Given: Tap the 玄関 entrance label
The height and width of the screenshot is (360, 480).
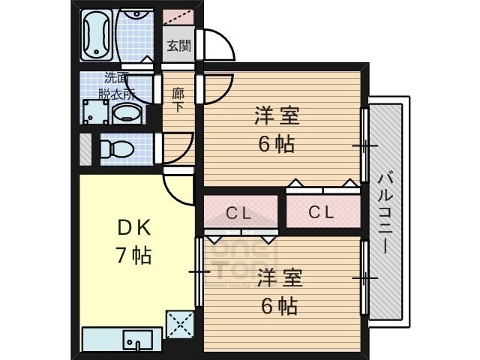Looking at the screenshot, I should (178, 45).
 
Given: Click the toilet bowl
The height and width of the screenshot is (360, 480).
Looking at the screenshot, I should (116, 147).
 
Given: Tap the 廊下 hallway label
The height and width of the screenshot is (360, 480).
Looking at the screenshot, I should (178, 99).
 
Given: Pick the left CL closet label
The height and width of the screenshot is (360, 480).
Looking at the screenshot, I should (238, 212).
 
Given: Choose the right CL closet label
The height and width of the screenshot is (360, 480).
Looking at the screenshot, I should (321, 212).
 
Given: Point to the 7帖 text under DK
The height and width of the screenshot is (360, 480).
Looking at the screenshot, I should (133, 255).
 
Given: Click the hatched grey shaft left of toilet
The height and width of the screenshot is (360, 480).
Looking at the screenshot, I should (85, 148).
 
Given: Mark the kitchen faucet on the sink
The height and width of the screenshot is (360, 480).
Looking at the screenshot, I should (137, 346).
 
